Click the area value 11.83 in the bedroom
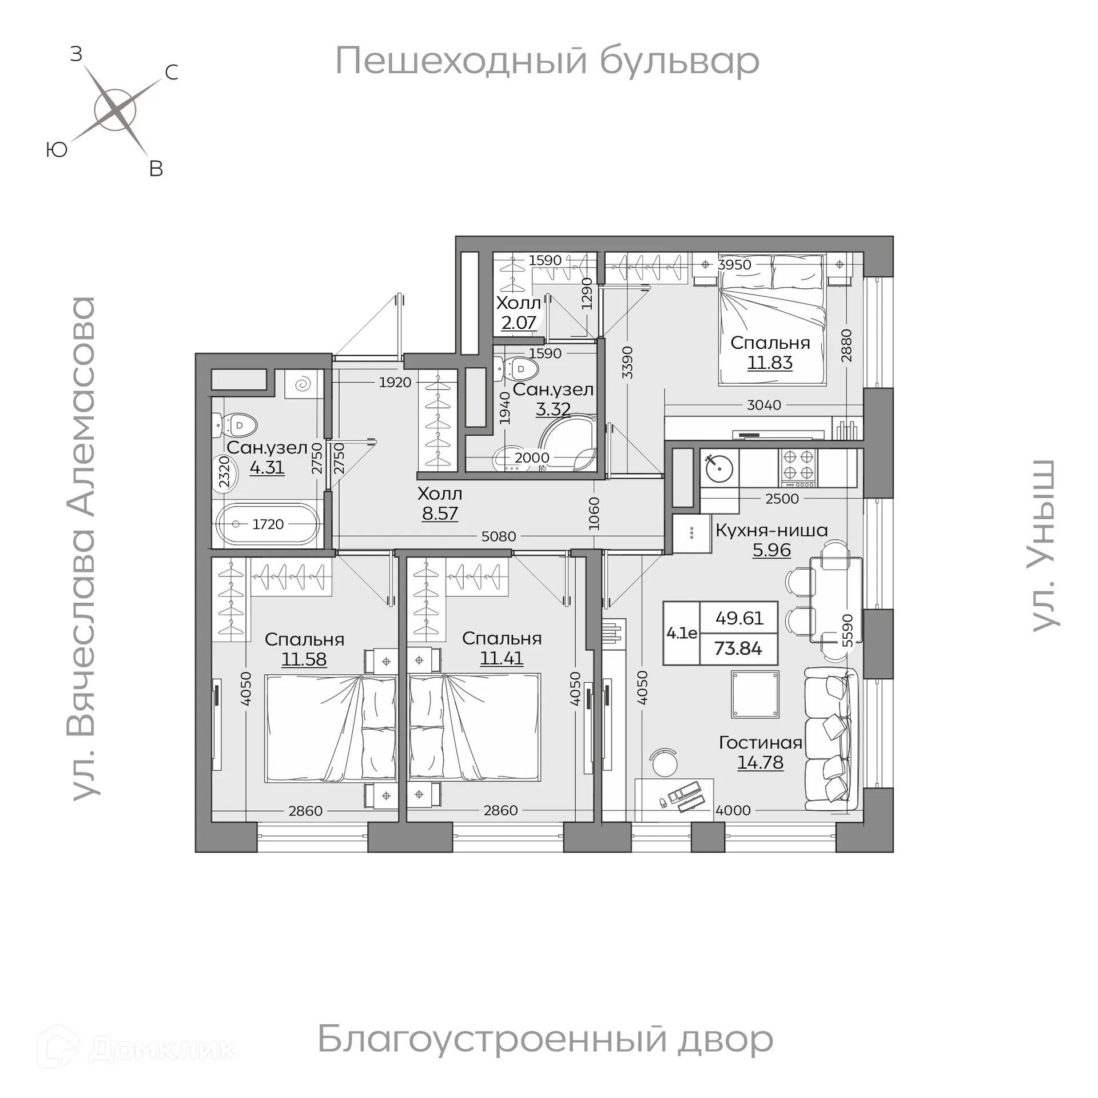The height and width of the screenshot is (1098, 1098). tap(770, 363)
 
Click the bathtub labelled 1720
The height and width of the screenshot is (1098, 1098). tap(268, 524)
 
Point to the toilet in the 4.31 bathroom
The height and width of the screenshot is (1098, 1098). tap(236, 425)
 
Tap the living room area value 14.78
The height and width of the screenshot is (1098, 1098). tap(760, 762)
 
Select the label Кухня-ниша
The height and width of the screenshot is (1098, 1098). tap(771, 530)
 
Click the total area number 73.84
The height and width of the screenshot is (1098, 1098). tap(738, 649)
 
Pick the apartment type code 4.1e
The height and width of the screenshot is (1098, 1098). tap(682, 633)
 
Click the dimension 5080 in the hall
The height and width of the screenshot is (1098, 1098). tap(499, 536)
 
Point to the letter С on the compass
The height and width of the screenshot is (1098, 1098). tap(172, 73)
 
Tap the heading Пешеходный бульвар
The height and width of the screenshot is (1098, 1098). tap(547, 61)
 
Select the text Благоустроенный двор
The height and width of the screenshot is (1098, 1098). tap(545, 1039)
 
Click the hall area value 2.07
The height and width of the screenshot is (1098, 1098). tap(519, 323)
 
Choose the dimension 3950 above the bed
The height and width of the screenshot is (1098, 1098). tap(734, 264)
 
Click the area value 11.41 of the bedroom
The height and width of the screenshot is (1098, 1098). tap(502, 658)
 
